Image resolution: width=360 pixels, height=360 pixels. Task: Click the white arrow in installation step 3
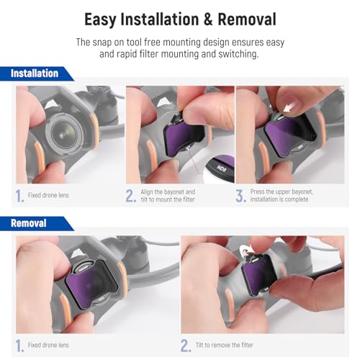[x=290, y=108]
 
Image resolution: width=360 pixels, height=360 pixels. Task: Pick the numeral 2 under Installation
[x=130, y=195]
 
